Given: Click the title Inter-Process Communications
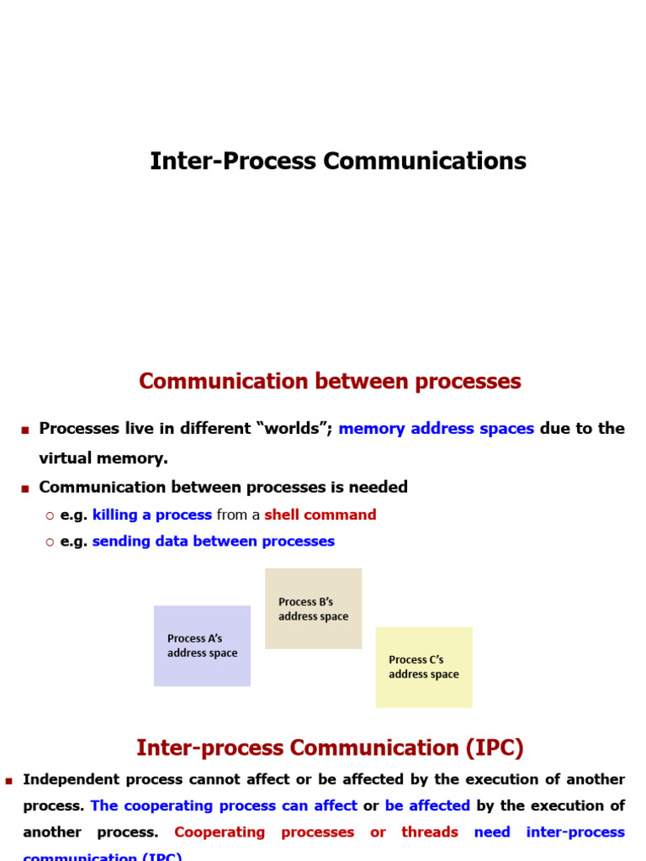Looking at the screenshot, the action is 338,161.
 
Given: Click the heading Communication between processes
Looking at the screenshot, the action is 330,381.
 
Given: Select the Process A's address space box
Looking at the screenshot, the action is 202,646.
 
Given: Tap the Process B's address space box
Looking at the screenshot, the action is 313,609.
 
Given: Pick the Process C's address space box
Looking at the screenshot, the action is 424,667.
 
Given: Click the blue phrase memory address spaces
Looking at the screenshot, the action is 436,428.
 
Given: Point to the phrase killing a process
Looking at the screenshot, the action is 152,515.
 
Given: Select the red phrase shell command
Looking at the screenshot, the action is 320,515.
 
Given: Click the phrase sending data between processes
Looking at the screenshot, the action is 214,541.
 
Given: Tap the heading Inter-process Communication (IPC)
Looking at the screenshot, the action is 330,747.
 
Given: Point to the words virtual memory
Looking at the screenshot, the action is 103,458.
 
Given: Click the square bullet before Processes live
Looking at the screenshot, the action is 25,430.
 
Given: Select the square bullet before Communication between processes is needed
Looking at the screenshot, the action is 25,489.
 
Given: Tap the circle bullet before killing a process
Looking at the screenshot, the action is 50,515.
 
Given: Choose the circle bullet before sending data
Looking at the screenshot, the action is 50,542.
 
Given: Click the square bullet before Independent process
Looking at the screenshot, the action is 9,781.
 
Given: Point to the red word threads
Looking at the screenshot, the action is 430,832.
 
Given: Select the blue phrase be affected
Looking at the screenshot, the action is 427,806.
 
